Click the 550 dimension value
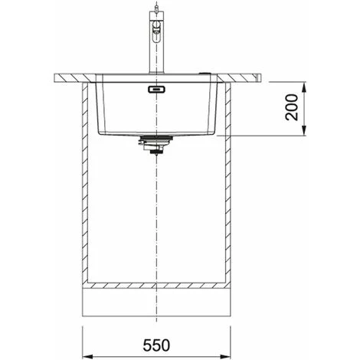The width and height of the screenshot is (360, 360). pos(156,345)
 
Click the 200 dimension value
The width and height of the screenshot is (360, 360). pos(292,107)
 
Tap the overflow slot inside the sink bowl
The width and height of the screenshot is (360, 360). pos(156,90)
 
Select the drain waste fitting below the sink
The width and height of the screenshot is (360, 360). pos(155,145)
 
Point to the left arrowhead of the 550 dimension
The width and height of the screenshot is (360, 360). pos(87,356)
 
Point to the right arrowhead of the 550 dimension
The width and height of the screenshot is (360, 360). pos(225,356)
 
